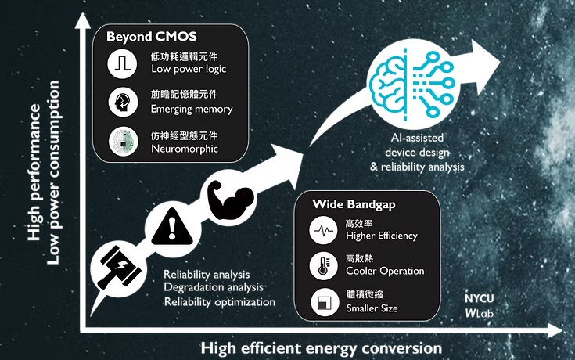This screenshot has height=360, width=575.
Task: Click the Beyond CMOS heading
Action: tap(152, 37)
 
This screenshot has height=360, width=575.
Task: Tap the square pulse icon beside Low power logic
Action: tap(122, 64)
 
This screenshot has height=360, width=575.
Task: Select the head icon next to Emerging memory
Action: tap(123, 102)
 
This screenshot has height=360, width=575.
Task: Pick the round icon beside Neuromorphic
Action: tap(124, 142)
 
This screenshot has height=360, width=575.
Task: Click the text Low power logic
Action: tap(189, 70)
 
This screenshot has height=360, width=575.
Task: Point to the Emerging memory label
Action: tap(192, 109)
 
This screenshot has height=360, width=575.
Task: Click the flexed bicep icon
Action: tap(230, 200)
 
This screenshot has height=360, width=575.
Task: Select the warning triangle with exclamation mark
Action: tap(172, 227)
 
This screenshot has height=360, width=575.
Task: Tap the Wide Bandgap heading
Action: tap(354, 204)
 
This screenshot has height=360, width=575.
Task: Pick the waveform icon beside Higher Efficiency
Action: tap(323, 230)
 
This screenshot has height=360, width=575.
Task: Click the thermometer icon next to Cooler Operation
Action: tap(323, 266)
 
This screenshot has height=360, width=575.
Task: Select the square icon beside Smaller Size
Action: tap(325, 302)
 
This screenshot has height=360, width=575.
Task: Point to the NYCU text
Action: tap(479, 299)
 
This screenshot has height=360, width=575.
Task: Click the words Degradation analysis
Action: tap(214, 287)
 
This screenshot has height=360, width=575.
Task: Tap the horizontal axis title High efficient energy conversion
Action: tap(322, 348)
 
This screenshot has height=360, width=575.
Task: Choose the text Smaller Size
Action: tap(372, 308)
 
